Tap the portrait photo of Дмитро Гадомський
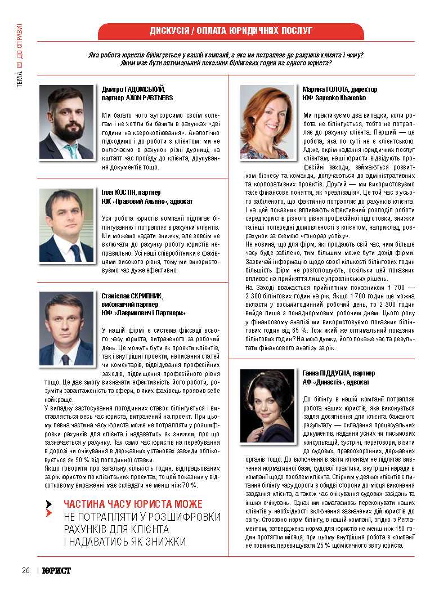click(x=66, y=122)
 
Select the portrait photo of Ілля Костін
click(x=66, y=225)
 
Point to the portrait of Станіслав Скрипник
click(x=66, y=329)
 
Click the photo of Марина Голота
click(x=267, y=122)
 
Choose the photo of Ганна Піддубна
click(x=267, y=405)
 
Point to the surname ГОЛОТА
click(x=335, y=90)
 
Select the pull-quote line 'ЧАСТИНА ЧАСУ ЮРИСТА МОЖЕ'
click(x=133, y=504)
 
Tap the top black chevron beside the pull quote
click(x=50, y=503)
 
